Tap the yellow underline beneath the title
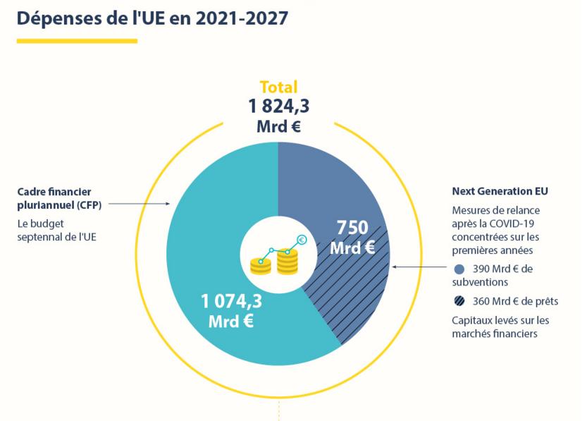(77, 41)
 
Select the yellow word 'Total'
(278, 87)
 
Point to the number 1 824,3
(278, 106)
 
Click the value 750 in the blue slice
(352, 228)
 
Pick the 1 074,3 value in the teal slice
(231, 302)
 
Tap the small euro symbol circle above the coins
(302, 240)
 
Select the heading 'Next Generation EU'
(500, 191)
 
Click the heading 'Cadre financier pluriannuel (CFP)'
(59, 197)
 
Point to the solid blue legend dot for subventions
(459, 269)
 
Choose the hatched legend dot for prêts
(459, 301)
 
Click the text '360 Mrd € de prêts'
(515, 301)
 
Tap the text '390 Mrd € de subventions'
(500, 275)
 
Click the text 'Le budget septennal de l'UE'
(56, 230)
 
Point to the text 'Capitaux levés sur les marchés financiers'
(500, 327)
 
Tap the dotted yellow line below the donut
(280, 410)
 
